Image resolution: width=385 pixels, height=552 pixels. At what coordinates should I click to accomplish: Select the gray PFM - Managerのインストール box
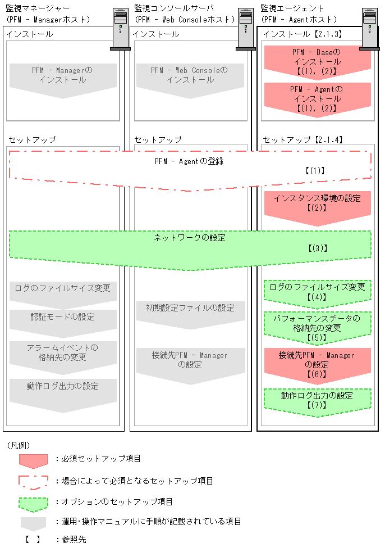coord(63,76)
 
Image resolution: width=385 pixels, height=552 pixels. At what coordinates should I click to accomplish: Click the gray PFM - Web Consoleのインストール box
coord(190,76)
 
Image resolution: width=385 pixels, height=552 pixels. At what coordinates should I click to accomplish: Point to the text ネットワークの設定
coord(190,238)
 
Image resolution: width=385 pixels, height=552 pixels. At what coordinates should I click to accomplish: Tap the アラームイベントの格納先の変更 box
coord(63,352)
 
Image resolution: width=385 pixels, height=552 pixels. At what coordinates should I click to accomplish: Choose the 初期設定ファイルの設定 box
coord(190,311)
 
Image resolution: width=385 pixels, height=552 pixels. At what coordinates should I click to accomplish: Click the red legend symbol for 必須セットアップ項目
coord(33,460)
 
